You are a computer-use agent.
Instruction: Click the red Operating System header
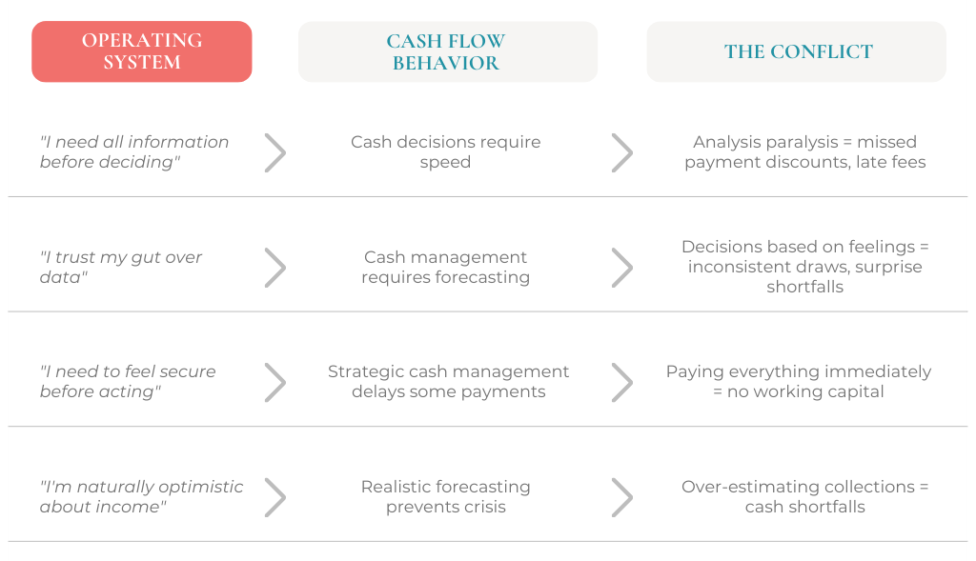(142, 51)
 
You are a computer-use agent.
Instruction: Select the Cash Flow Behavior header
(448, 51)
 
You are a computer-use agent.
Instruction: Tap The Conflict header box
(796, 51)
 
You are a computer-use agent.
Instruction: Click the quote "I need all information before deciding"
(134, 151)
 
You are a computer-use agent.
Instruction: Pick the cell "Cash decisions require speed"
(446, 151)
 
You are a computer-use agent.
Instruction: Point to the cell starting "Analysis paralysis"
(804, 151)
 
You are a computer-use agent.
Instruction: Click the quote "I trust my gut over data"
(121, 267)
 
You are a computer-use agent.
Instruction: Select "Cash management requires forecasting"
(446, 267)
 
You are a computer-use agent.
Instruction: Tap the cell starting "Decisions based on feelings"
(804, 266)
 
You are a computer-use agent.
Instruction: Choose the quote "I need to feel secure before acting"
(128, 381)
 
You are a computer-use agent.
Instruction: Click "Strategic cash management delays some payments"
(448, 381)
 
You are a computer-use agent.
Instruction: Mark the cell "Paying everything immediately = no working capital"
(799, 381)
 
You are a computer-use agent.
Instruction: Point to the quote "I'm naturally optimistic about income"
(141, 496)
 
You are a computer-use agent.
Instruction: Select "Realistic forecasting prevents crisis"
(446, 496)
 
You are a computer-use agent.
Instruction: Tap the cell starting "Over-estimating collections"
(804, 496)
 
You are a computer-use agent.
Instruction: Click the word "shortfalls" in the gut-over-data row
(804, 287)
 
